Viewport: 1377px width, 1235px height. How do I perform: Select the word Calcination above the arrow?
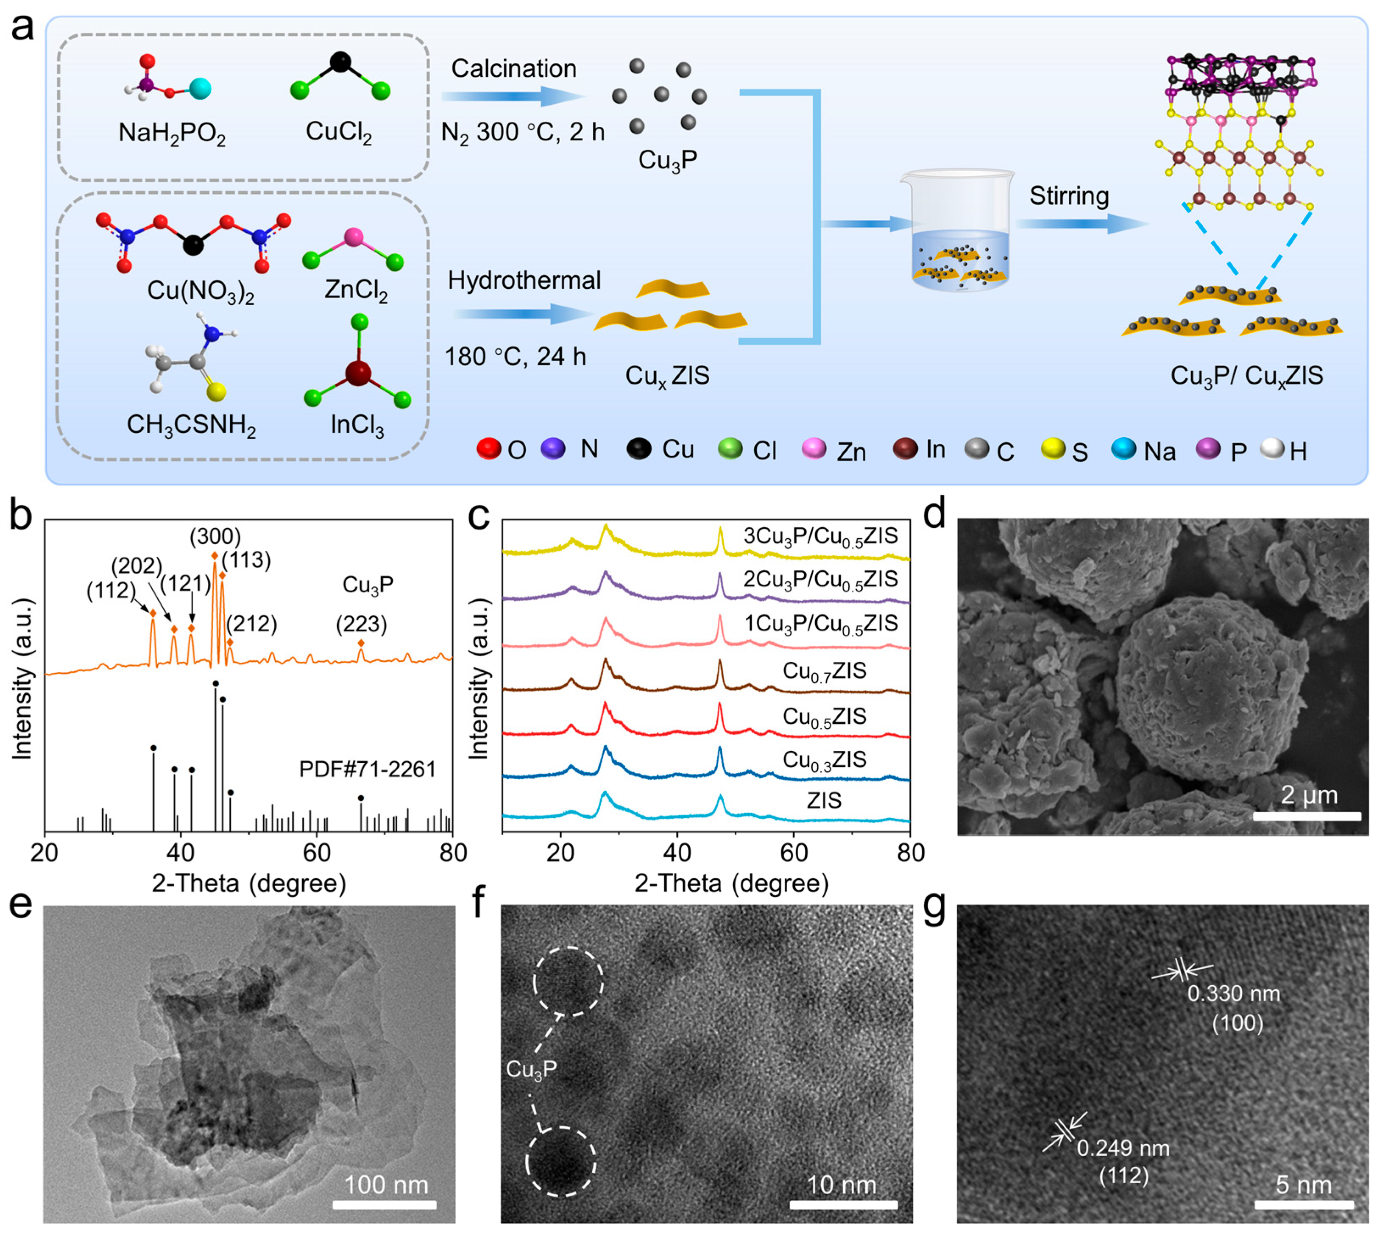coord(514,69)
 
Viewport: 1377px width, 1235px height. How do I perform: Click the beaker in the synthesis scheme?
coord(958,231)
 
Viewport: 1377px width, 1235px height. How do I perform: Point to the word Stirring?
coord(1069,196)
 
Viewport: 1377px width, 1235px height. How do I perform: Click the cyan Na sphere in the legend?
coord(1123,449)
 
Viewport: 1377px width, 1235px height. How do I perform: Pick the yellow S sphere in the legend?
coord(1053,449)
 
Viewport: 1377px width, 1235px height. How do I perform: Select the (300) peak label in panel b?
coord(215,537)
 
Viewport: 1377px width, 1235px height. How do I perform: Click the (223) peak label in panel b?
coord(361,624)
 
